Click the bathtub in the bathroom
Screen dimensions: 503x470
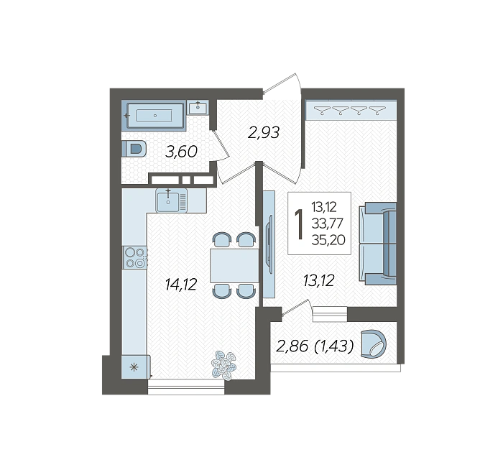[153, 115]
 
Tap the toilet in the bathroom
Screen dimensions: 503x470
[134, 149]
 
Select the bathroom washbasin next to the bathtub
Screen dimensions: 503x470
[198, 108]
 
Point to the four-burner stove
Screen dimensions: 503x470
[135, 257]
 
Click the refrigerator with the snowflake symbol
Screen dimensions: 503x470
[135, 367]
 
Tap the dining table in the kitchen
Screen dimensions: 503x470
[234, 266]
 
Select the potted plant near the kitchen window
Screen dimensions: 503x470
[223, 365]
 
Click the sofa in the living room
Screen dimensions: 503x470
[378, 244]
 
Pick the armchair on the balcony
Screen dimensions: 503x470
[374, 344]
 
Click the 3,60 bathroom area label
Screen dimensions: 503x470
[181, 152]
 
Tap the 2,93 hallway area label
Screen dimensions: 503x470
[264, 132]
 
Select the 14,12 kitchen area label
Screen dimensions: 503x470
[181, 285]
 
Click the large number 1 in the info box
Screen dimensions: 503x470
[300, 224]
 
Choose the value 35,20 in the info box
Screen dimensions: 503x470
[328, 239]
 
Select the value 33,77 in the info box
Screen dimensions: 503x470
[328, 224]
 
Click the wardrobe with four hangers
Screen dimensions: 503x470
[351, 110]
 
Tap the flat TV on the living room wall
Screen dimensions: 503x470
[269, 245]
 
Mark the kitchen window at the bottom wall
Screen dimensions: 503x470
[186, 387]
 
